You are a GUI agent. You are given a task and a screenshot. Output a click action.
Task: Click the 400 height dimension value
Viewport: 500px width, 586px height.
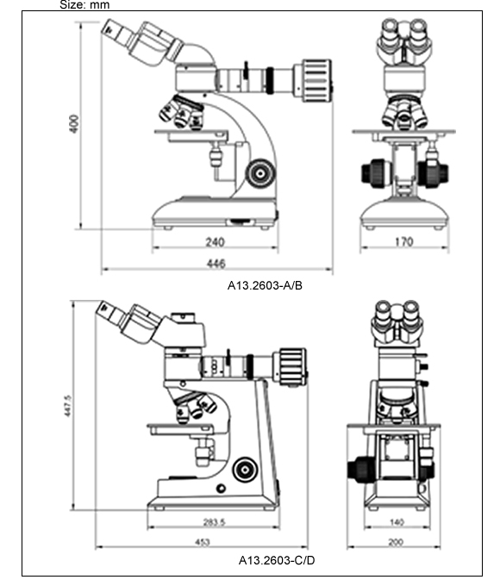(x=74, y=124)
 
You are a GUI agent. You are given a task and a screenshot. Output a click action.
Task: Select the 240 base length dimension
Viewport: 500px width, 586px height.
(x=215, y=242)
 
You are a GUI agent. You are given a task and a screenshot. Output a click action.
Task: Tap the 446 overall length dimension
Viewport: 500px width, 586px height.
(x=216, y=264)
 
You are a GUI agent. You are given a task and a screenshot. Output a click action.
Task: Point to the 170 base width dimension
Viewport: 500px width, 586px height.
(x=404, y=242)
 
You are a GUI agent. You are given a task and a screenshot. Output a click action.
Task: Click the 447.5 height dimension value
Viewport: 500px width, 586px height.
(x=67, y=406)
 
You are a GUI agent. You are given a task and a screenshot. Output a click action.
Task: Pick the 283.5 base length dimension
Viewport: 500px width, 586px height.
(x=214, y=521)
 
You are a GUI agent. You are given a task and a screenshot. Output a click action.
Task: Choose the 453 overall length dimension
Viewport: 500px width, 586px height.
(x=203, y=542)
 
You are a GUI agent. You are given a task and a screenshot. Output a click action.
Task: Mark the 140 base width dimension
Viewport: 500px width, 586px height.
(x=397, y=521)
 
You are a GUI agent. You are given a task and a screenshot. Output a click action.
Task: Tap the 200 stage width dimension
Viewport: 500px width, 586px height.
(x=396, y=542)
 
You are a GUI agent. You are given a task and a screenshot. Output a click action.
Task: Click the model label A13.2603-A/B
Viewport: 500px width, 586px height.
(x=265, y=286)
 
